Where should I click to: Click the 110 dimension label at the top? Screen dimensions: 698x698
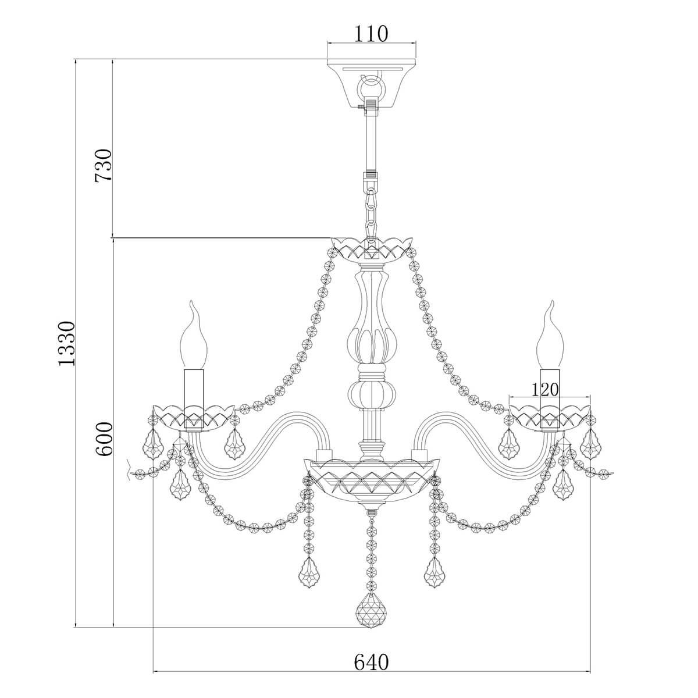click(371, 34)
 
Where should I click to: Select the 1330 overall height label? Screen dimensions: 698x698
click(67, 343)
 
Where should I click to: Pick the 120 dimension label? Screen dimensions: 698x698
click(545, 390)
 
